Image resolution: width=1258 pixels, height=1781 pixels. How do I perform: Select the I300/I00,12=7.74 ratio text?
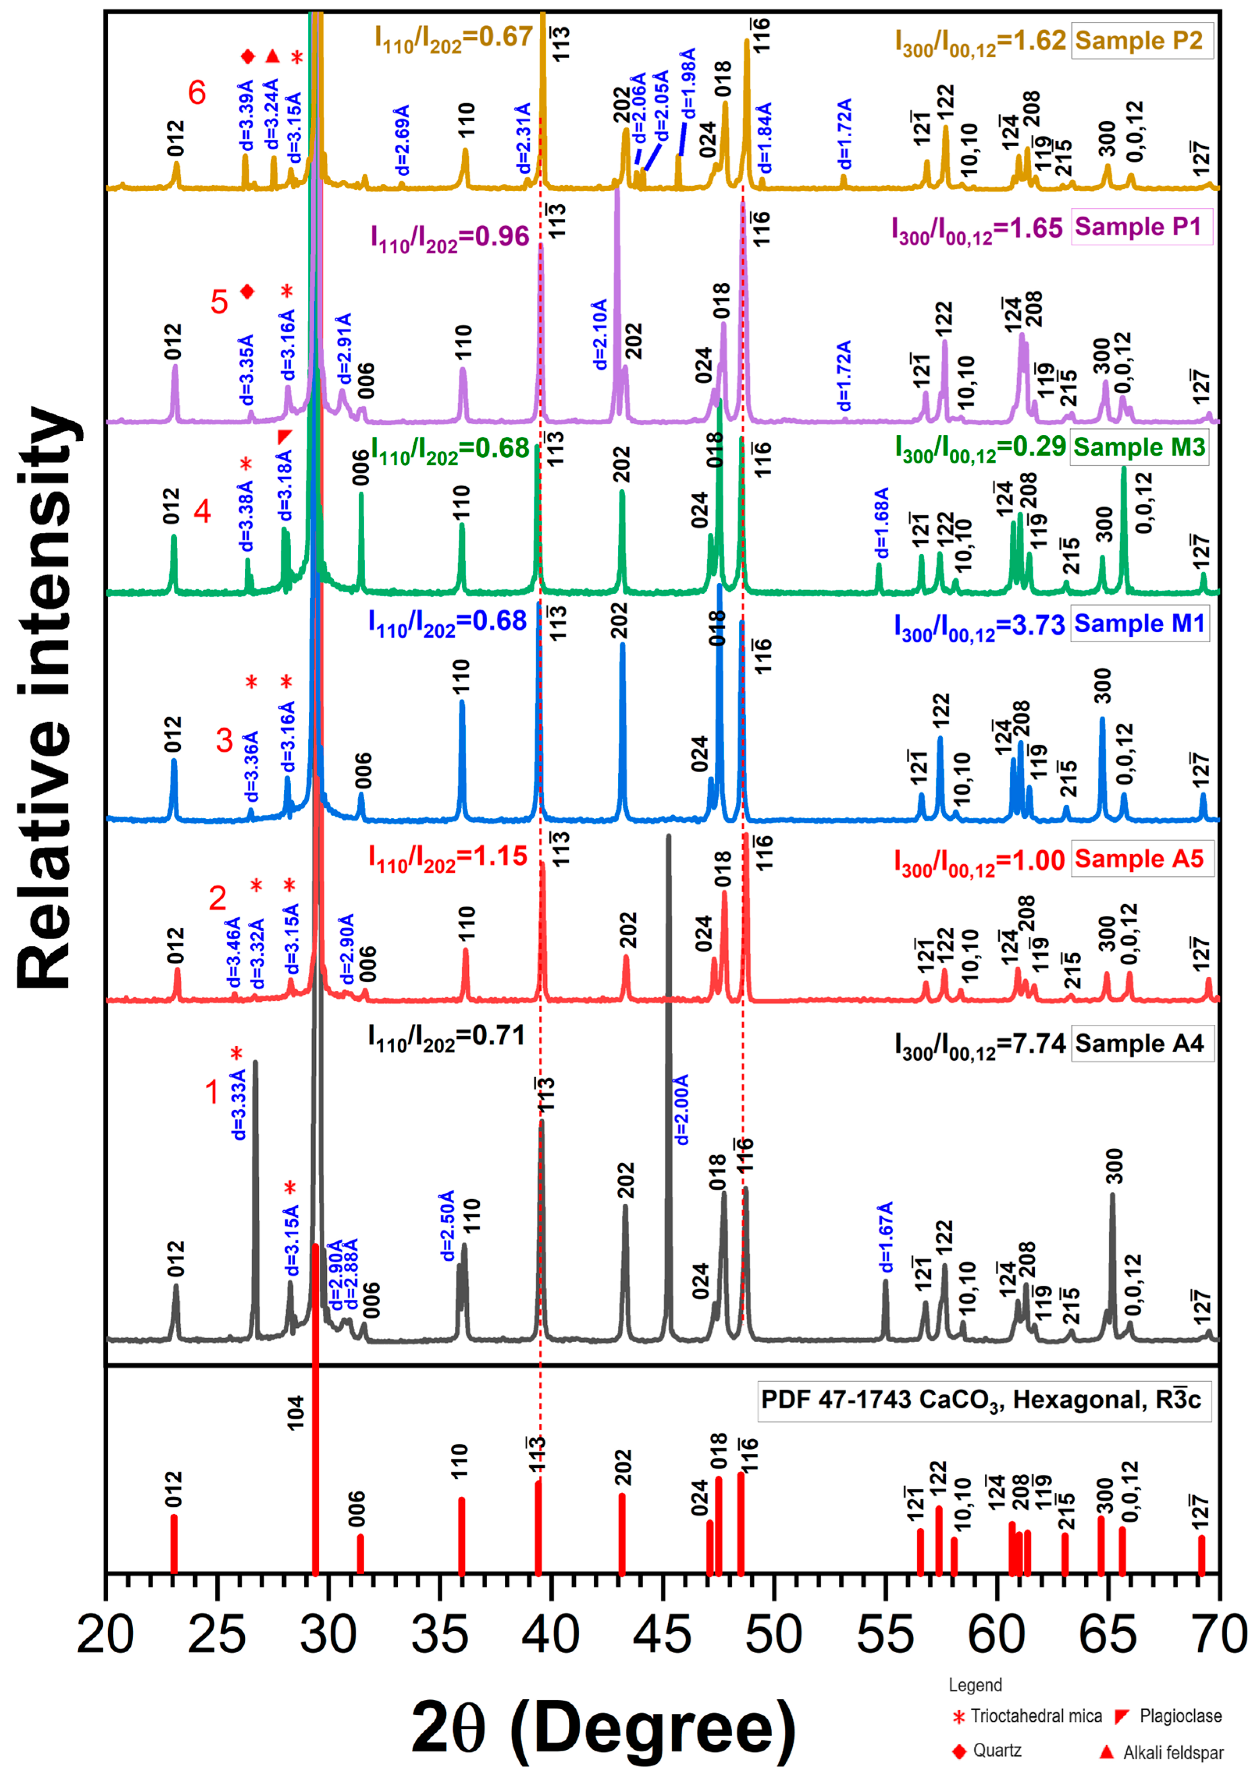point(979,1045)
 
